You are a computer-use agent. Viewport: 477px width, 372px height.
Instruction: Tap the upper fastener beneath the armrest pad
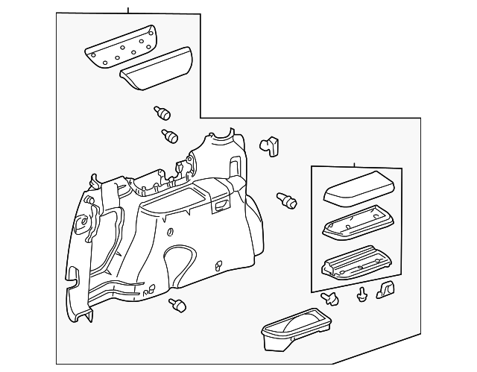[x=162, y=113]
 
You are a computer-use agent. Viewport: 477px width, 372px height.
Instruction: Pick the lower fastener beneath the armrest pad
[x=170, y=136]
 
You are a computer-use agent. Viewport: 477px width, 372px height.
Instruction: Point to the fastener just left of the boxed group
[x=286, y=199]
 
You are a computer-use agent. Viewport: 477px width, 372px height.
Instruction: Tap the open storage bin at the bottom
[x=296, y=329]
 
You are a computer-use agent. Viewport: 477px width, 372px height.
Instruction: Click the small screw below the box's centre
[x=362, y=294]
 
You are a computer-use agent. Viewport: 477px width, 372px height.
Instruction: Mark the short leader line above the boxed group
[x=354, y=164]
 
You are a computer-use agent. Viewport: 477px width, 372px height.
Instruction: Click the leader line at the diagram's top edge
[x=128, y=9]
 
